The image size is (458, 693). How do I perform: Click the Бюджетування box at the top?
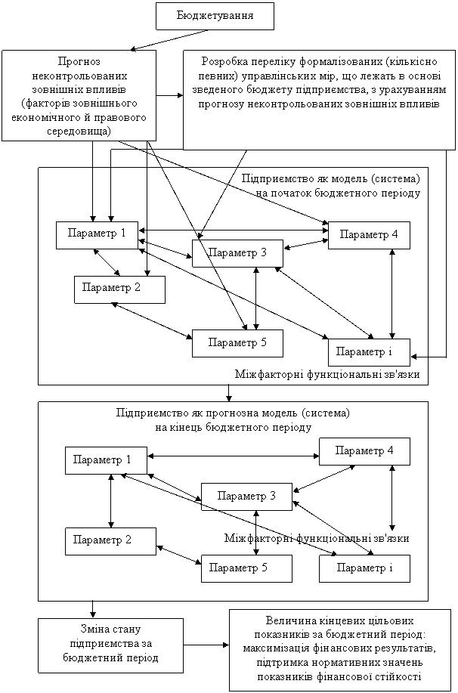coord(215,15)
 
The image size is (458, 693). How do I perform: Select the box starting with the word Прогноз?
coord(79,95)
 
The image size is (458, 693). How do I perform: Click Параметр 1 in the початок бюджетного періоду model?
coord(96,233)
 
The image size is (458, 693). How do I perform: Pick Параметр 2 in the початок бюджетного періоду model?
coord(119,288)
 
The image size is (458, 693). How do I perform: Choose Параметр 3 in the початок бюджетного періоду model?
coord(237,252)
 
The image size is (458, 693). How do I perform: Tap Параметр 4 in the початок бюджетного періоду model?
coord(368,234)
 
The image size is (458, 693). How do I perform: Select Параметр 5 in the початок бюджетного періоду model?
coord(237,342)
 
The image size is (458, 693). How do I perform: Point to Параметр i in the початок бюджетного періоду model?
coord(369,352)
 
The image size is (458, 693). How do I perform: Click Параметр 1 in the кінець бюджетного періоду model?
coord(105,459)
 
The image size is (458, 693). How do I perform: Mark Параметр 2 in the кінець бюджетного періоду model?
coord(110,540)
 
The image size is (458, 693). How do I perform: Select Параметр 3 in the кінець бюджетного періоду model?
coord(245,496)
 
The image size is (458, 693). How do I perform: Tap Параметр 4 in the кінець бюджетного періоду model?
coord(364,451)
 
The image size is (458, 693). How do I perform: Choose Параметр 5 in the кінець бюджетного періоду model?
coord(246,568)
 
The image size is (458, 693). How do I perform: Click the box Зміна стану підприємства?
coord(110,645)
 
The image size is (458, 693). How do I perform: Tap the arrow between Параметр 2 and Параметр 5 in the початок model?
coord(152,320)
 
